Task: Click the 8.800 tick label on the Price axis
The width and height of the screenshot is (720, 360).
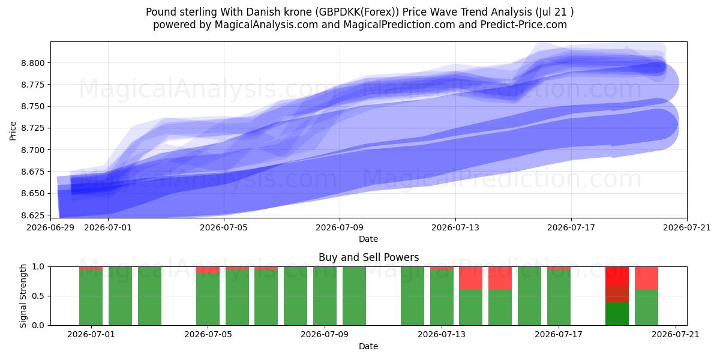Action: (33, 63)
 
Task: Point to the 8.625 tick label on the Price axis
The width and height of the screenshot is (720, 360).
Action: (33, 215)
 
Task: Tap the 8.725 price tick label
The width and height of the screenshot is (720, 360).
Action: (33, 128)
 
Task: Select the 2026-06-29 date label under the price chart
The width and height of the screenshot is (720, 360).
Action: (50, 227)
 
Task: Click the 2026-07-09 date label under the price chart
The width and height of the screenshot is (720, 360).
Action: (340, 227)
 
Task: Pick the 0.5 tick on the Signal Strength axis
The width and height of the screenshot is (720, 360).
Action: (38, 296)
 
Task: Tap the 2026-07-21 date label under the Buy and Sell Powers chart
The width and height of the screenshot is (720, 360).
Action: (676, 334)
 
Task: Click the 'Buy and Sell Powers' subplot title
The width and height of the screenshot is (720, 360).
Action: (368, 257)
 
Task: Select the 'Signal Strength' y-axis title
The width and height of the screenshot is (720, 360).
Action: (23, 296)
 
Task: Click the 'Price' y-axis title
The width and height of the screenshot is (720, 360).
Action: (13, 131)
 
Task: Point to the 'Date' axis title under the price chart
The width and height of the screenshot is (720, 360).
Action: (368, 239)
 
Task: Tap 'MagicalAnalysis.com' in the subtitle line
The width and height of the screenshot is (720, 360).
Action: (266, 25)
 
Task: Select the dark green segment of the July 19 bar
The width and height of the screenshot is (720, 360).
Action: (617, 314)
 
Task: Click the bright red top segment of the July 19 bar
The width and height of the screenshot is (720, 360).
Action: (617, 276)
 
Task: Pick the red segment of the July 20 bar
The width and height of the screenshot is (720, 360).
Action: (646, 278)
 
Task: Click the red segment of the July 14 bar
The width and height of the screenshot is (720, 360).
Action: (470, 278)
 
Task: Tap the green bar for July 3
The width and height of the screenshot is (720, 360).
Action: (150, 296)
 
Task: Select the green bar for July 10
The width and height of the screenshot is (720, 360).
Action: (354, 296)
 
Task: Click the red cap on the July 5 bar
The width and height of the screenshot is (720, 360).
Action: (208, 269)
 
